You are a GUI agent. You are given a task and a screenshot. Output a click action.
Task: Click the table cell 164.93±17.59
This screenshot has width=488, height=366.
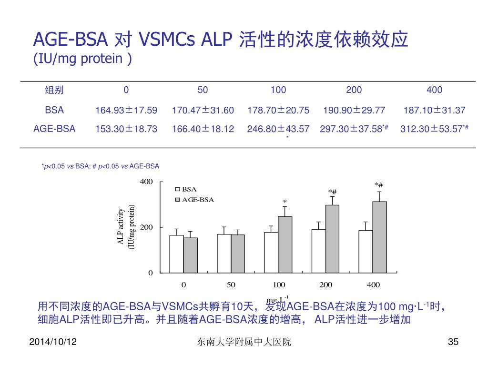coord(126,111)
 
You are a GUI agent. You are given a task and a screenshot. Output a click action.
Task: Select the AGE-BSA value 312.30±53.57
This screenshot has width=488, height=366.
coord(434,129)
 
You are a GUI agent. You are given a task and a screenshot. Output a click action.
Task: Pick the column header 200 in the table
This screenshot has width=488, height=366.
coord(354,90)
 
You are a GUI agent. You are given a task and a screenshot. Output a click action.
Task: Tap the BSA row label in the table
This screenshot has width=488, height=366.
coord(54,110)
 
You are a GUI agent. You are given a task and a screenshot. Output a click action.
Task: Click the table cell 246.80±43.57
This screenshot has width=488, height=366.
coord(278,129)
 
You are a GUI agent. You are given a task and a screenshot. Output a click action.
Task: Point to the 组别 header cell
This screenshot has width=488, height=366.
coord(54,90)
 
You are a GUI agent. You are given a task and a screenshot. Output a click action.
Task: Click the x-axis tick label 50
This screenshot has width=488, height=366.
coord(231,285)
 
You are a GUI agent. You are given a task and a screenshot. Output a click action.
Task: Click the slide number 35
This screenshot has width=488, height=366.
coord(453,342)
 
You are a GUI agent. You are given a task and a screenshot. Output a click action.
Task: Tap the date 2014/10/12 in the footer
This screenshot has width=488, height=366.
coord(54,342)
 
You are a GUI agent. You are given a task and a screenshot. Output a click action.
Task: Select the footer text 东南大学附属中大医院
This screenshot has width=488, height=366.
coord(244,342)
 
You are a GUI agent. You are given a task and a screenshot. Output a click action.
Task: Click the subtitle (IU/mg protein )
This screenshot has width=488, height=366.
coord(82,60)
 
